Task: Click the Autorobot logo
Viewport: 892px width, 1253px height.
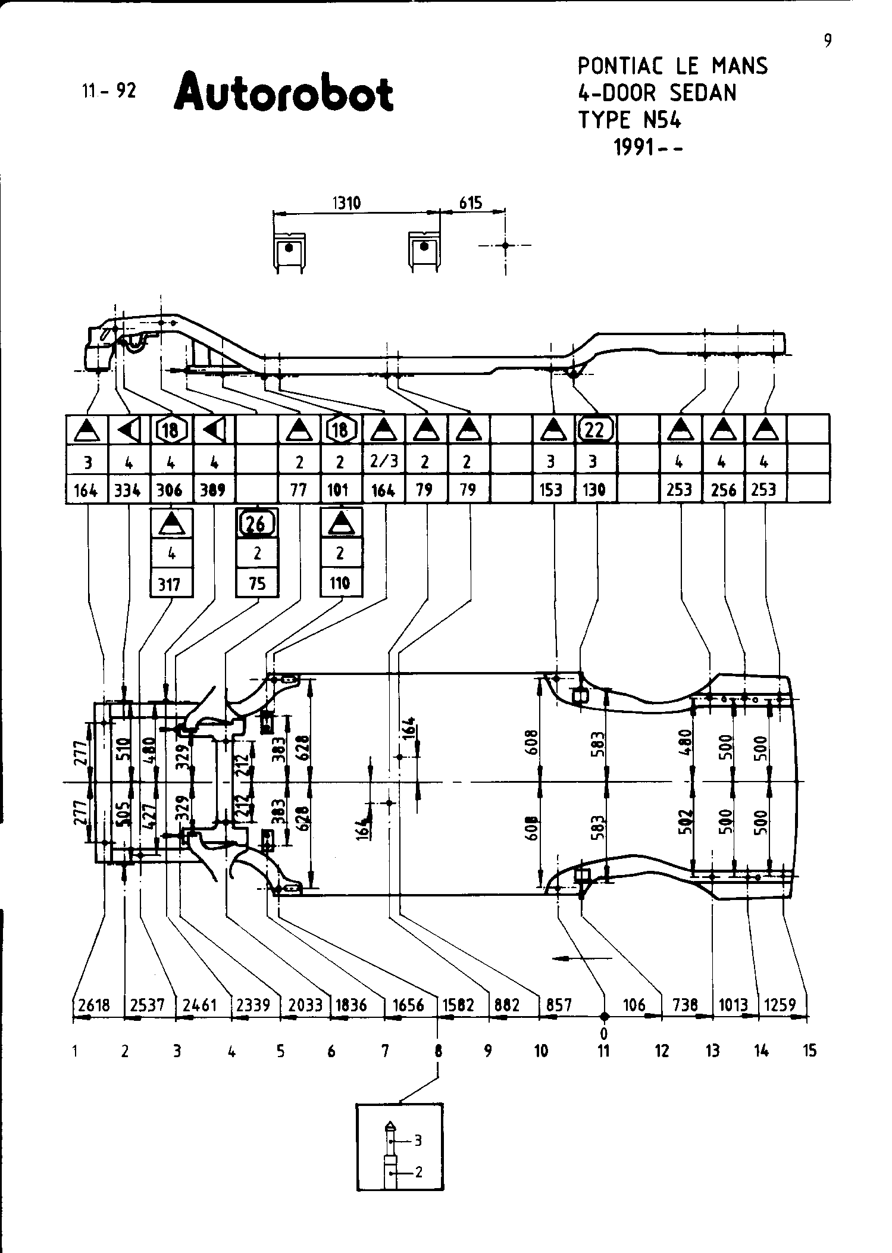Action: [283, 93]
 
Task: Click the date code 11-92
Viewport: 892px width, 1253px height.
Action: [109, 90]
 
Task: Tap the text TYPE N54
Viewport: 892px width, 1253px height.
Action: [630, 120]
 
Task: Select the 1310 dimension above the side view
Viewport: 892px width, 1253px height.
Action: [346, 203]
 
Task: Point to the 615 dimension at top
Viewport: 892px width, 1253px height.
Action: [470, 203]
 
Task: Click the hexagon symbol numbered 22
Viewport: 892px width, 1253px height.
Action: [594, 429]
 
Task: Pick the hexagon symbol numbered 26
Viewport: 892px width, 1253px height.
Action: [257, 523]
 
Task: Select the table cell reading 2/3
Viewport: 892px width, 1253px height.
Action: [383, 460]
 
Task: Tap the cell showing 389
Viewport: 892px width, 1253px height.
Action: [213, 490]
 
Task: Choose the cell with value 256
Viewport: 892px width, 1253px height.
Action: [724, 490]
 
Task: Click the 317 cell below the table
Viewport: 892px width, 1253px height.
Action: [171, 584]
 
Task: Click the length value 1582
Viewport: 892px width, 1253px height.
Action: [458, 1005]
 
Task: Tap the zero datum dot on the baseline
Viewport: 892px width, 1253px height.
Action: [604, 1016]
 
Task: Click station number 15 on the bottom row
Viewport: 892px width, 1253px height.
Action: [809, 1051]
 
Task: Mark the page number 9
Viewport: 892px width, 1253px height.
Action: [828, 40]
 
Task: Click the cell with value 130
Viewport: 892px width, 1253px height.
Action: [594, 490]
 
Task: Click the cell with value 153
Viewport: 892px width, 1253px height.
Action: [551, 490]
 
